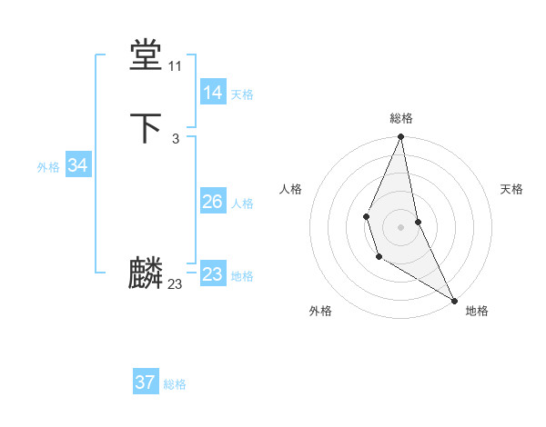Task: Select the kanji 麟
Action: coord(146,273)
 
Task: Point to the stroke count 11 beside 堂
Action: coord(175,66)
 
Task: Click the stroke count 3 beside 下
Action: coord(175,138)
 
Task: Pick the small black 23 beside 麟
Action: coord(175,284)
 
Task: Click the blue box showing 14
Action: coord(213,93)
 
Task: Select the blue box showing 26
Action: coord(213,202)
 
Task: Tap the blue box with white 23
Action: coord(213,274)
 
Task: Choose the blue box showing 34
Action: coord(77,165)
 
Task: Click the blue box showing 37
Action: coord(146,382)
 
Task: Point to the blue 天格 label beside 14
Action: coord(242,94)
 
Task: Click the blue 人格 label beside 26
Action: coord(242,204)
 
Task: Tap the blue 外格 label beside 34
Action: coord(48,167)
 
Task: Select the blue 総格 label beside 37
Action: coord(175,384)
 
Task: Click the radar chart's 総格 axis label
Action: coord(401,118)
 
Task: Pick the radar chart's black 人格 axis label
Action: coord(290,189)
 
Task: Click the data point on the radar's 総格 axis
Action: coord(401,137)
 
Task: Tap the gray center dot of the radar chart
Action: coord(401,225)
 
